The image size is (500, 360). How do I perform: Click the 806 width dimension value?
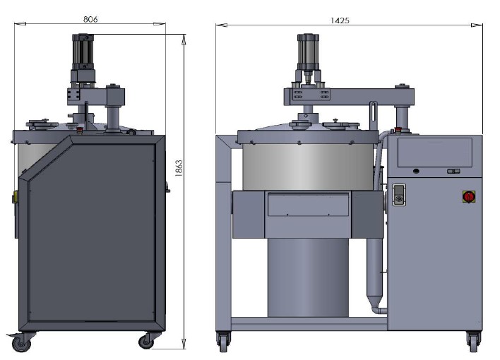point(90,20)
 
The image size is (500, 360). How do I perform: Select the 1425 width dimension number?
point(340,20)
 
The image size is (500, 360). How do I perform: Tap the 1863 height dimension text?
point(179,168)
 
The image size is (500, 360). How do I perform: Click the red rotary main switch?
point(469,196)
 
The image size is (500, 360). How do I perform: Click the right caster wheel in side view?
point(147,340)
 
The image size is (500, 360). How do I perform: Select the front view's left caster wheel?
point(224,342)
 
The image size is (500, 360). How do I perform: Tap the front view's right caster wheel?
point(473,342)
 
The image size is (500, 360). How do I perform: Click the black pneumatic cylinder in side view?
point(83,52)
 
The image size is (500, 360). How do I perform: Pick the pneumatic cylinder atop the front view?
point(308,52)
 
